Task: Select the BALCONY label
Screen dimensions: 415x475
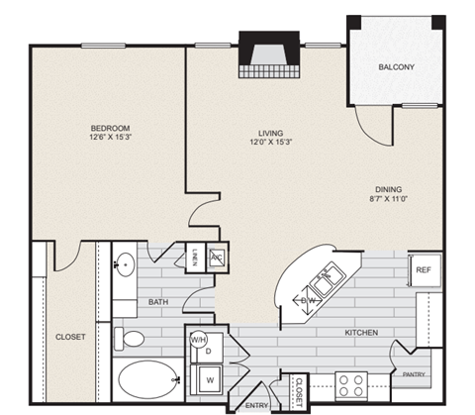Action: click(x=396, y=67)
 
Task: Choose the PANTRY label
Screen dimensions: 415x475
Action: click(x=414, y=374)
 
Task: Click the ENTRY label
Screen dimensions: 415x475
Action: click(x=255, y=405)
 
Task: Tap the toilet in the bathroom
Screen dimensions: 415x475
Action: click(x=131, y=338)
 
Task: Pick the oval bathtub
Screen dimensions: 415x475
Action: click(x=146, y=381)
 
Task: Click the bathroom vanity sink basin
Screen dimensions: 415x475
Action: click(x=125, y=263)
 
